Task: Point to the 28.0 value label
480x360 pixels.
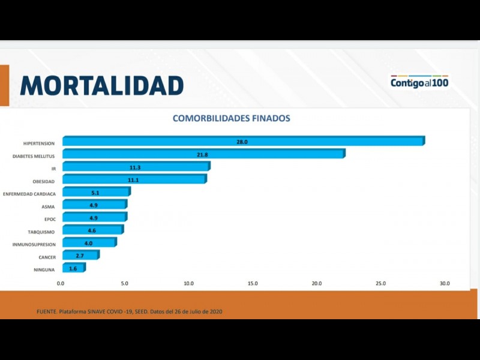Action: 242,142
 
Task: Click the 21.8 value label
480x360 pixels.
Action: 202,154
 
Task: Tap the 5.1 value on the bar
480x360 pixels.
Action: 95,193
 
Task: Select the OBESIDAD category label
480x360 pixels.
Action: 44,181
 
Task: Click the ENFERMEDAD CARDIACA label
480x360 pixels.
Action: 29,194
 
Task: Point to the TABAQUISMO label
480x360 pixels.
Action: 41,232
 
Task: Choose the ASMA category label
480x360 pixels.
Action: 49,206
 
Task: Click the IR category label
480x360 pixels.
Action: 53,169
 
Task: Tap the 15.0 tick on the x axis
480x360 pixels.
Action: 253,283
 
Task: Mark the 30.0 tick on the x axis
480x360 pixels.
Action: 444,283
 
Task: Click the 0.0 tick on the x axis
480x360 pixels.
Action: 61,283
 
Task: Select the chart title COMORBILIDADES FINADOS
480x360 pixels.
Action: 231,118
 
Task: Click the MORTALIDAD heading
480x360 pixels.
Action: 101,85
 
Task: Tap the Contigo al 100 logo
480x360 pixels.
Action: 419,83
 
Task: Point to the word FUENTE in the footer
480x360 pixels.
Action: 47,311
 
